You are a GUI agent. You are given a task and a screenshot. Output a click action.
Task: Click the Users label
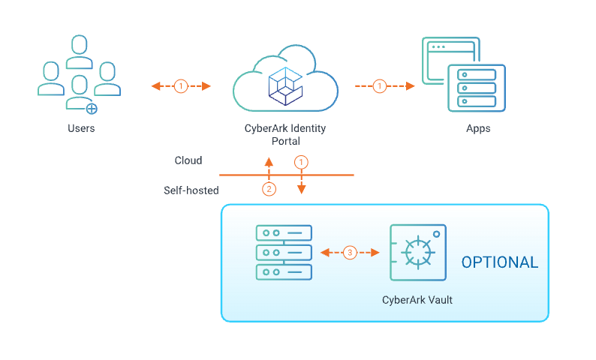(80, 128)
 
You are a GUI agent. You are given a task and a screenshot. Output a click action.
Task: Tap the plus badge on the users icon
(92, 109)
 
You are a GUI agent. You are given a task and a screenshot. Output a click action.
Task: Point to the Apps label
(478, 128)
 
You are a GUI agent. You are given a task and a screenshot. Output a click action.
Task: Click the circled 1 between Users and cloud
(181, 86)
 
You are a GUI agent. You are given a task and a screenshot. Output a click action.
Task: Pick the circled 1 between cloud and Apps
(380, 86)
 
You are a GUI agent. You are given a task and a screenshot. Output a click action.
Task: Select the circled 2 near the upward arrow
(269, 189)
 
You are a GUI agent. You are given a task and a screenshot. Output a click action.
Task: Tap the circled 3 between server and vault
(350, 253)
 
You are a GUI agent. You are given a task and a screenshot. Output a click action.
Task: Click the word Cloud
(188, 160)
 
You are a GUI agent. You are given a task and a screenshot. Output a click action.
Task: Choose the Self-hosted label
(191, 190)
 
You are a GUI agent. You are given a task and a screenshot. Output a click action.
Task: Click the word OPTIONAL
(499, 262)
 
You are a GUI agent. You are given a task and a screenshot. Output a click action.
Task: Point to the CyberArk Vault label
(417, 301)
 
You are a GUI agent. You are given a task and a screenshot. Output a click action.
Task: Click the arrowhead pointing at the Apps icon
(411, 86)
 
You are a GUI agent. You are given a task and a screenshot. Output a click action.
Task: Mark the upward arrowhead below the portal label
(269, 162)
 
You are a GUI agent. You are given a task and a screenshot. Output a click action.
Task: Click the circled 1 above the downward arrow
(301, 162)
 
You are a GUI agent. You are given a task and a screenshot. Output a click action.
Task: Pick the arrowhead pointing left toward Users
(155, 86)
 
